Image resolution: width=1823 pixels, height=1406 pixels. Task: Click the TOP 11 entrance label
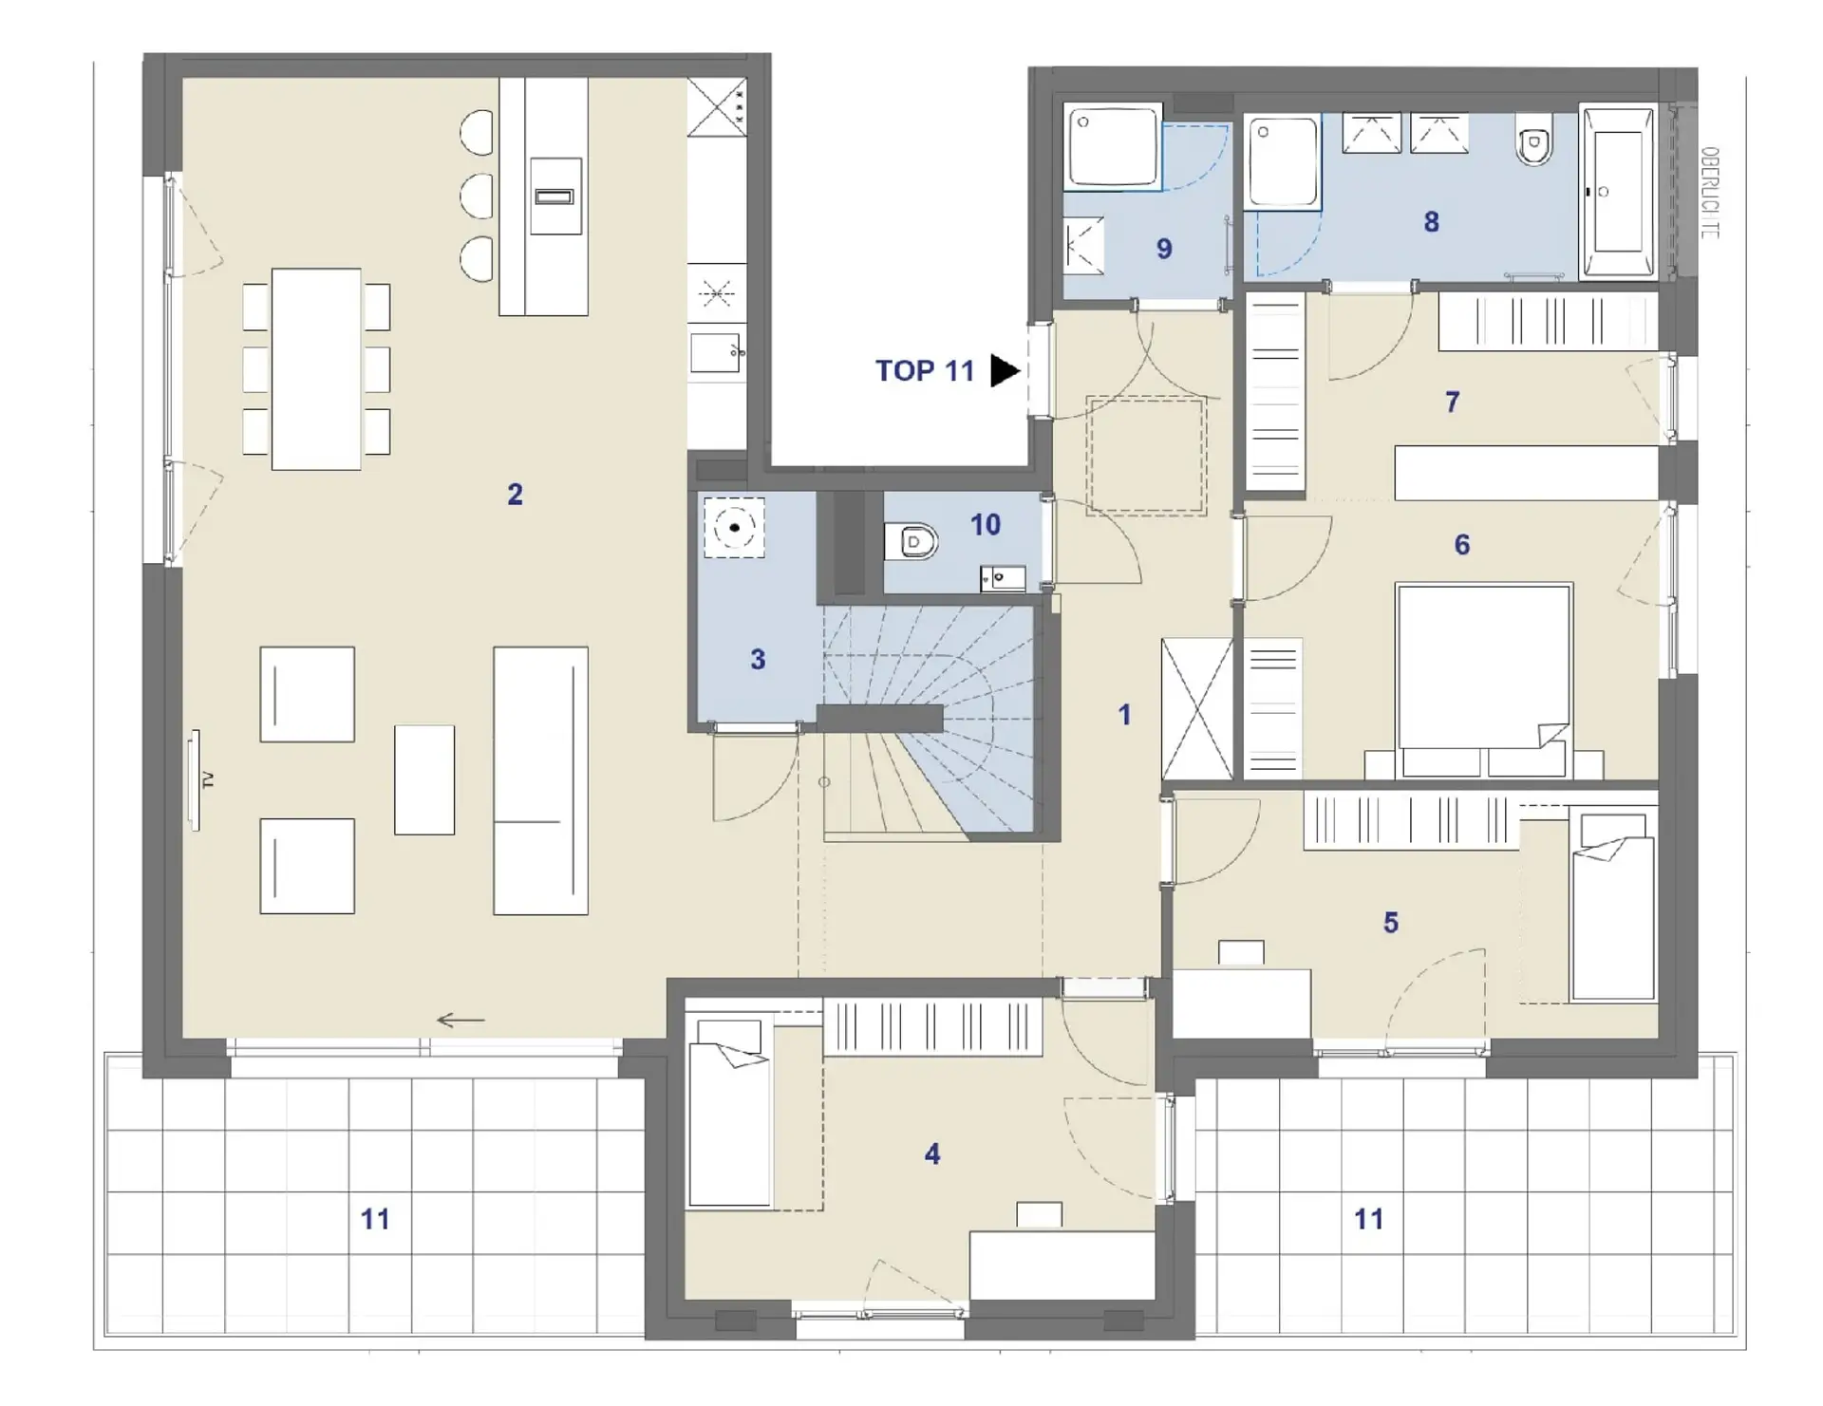point(925,370)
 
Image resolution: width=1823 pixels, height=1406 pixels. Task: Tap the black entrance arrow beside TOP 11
point(1005,370)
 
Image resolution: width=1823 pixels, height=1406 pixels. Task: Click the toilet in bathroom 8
point(1533,142)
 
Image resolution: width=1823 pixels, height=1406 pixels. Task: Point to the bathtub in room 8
point(1617,193)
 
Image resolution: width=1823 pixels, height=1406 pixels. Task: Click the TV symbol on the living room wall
point(196,779)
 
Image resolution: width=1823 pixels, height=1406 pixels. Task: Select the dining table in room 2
point(316,369)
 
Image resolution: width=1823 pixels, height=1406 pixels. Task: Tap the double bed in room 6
point(1483,681)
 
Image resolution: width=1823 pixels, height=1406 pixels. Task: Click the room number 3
point(758,659)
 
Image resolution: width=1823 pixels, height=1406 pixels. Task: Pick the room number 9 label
point(1164,249)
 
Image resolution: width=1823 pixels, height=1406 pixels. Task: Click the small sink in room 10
point(1003,577)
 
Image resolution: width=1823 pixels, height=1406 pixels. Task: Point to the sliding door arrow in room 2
point(460,1021)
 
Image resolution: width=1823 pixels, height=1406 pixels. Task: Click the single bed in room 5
point(1613,906)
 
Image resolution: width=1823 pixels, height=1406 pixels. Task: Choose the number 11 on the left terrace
point(375,1219)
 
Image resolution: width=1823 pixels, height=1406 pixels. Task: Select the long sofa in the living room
point(540,780)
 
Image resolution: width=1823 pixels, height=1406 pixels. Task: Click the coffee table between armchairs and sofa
point(424,779)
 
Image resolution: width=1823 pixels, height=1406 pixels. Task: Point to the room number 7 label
point(1452,403)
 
